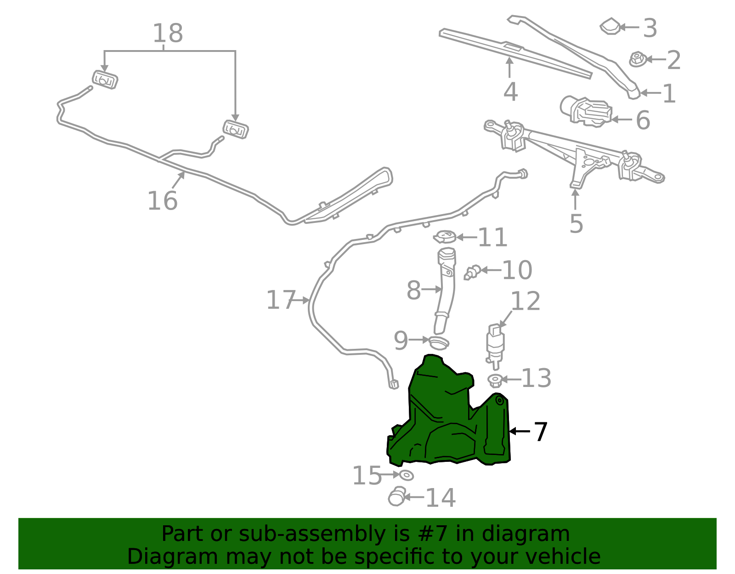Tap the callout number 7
541,432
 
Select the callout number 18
168,33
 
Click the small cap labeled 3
610,26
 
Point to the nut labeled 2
638,59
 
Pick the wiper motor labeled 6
586,112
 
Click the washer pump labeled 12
495,347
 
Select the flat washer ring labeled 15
406,475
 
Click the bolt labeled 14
397,496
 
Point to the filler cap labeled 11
445,237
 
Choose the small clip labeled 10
472,272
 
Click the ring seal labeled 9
439,343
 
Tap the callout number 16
162,200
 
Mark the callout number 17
281,300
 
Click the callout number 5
577,223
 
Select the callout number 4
510,91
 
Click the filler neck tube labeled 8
445,291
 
